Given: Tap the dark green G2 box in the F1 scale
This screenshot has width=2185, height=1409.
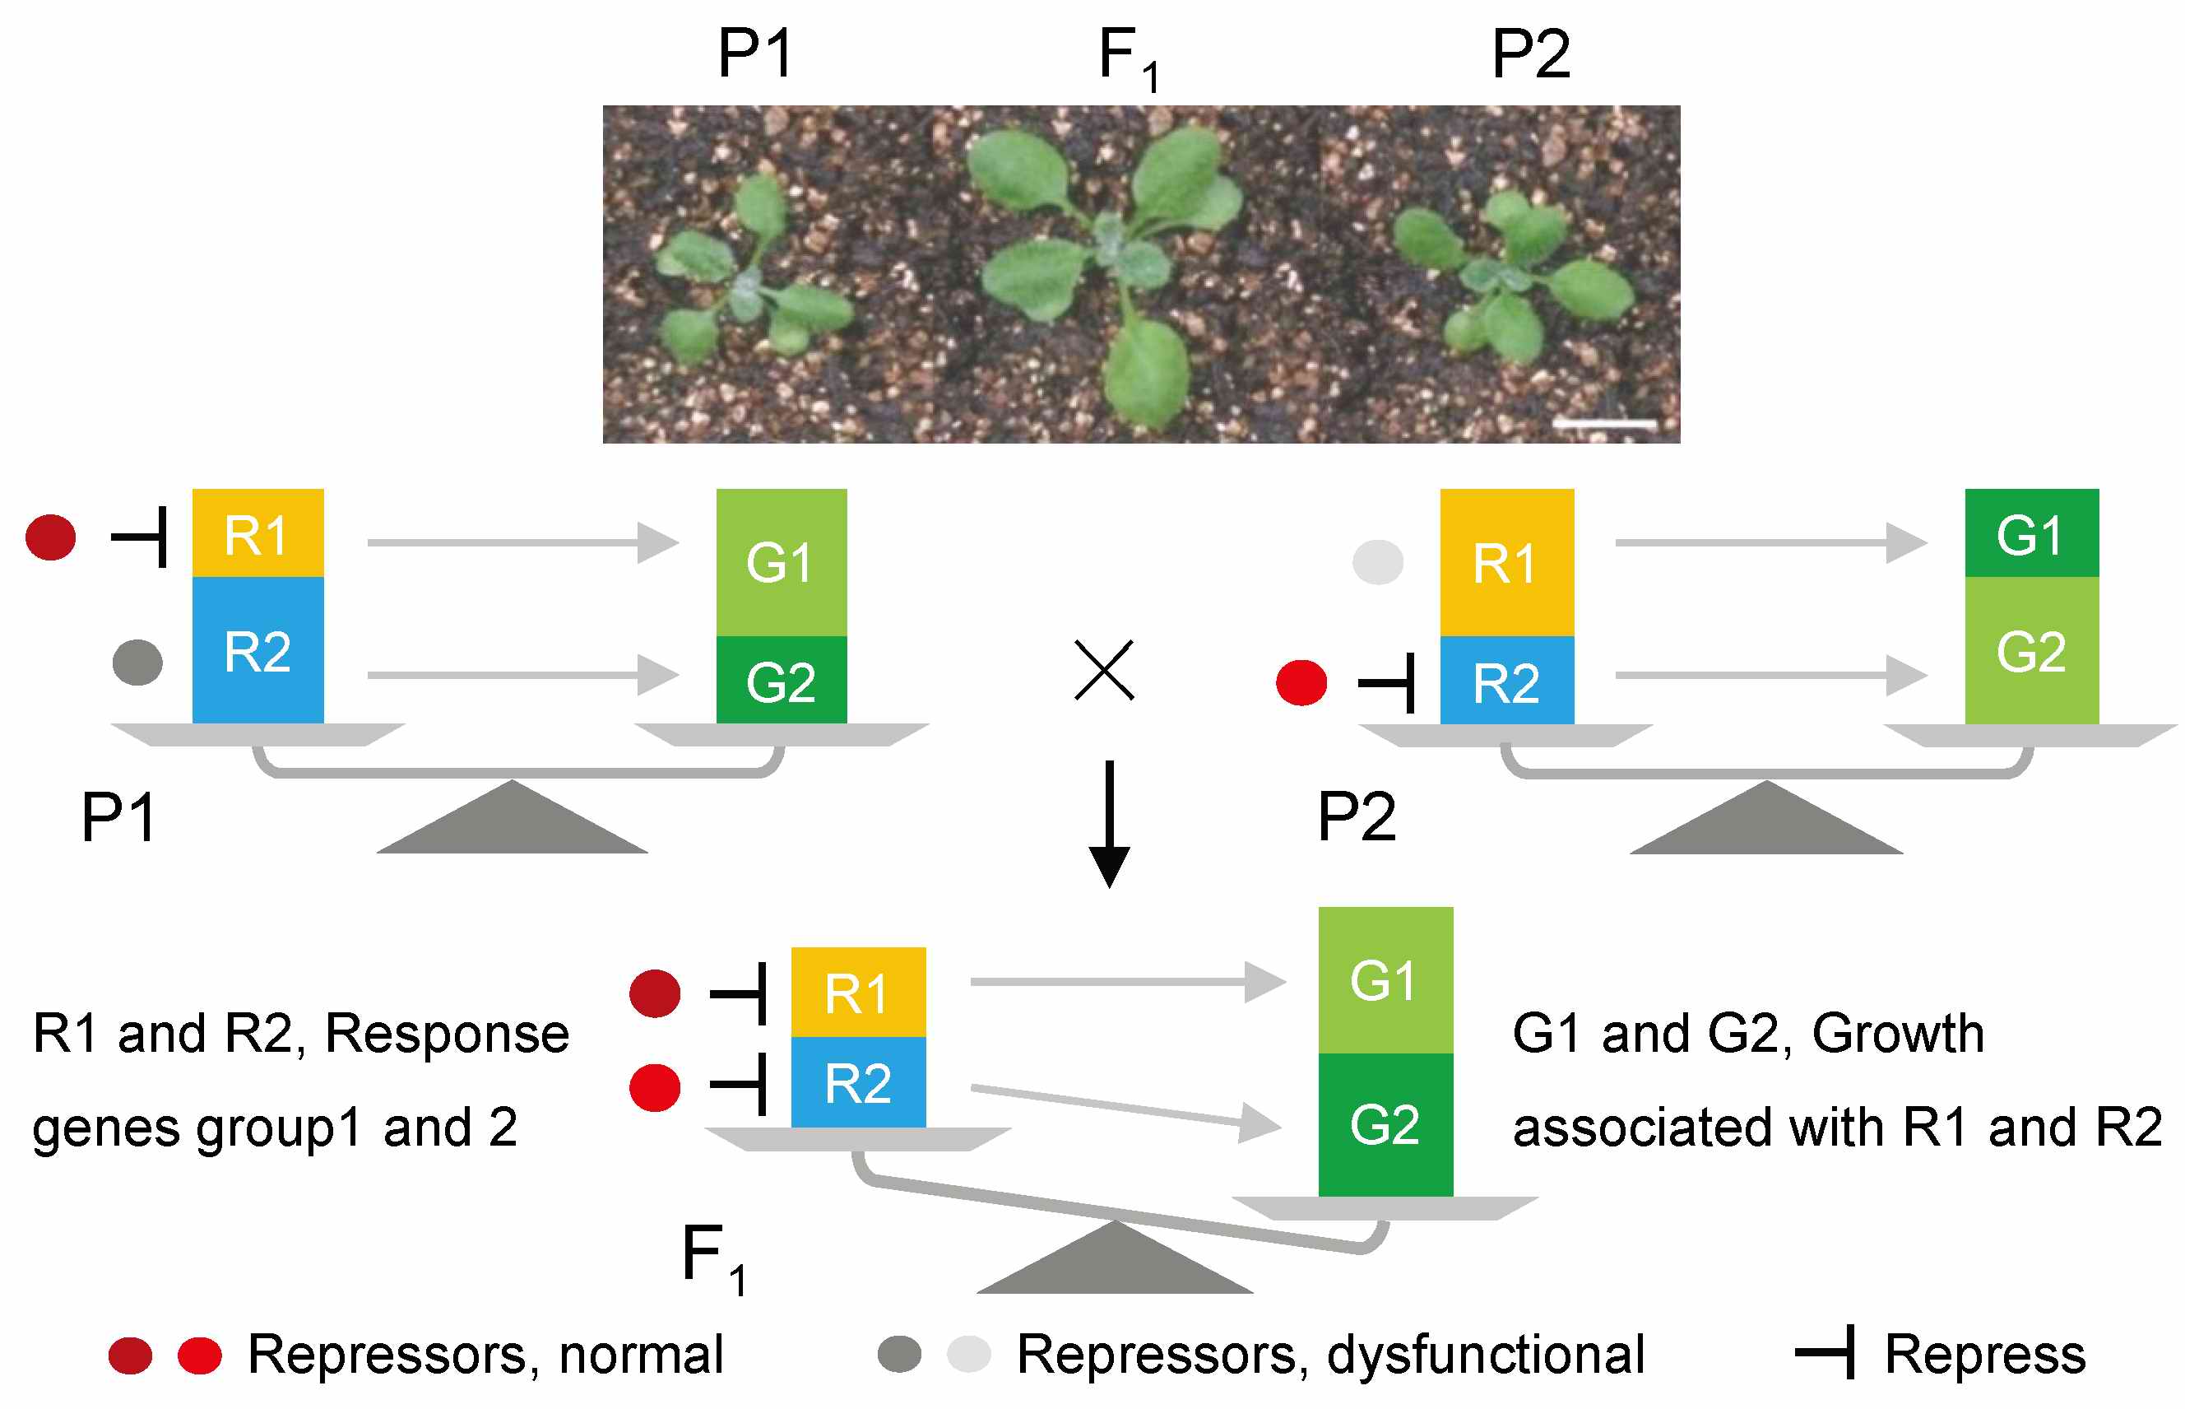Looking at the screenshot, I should [1385, 1124].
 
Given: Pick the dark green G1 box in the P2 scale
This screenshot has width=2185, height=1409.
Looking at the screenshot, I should [2031, 532].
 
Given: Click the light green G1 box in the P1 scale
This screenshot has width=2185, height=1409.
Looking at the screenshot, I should [781, 562].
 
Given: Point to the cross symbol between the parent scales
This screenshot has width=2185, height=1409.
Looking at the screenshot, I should [1104, 670].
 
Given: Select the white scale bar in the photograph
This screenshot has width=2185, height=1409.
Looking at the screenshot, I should [1605, 424].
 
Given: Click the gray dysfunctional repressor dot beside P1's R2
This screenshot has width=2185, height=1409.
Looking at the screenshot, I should [137, 662].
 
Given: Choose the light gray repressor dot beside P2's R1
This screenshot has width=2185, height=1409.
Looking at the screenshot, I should [1377, 562].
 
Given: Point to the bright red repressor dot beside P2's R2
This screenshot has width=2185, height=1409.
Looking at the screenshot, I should [1301, 682].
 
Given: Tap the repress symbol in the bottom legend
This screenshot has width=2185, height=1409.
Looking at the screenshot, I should [1825, 1352].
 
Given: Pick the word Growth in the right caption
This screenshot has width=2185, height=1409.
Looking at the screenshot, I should [1898, 1034].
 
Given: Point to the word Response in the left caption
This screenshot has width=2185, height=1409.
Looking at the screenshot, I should [447, 1034].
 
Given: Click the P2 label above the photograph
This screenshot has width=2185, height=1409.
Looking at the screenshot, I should [1530, 55].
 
